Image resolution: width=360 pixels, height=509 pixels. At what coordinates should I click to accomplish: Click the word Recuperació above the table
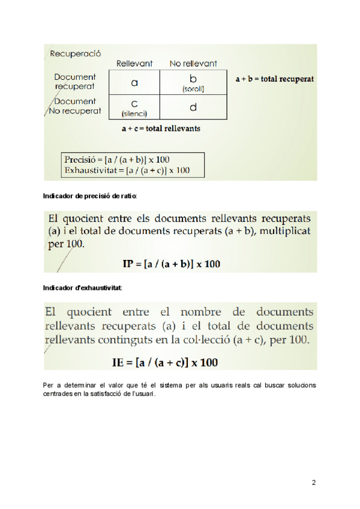pos(75,53)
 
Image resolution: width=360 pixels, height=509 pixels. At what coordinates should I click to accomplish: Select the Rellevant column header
pos(134,63)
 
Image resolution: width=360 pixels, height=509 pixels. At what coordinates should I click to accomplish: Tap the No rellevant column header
pos(193,63)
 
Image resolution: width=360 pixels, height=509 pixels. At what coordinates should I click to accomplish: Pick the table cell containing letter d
pos(193,107)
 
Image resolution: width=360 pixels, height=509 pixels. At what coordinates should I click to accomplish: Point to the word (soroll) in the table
pos(193,89)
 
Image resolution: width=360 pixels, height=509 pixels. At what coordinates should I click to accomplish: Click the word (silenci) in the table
pos(134,113)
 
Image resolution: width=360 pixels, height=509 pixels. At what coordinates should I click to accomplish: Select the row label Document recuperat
pos(74,82)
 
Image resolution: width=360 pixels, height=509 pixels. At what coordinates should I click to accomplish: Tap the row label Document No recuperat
pos(74,106)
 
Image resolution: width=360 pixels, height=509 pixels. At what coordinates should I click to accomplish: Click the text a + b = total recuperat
pos(274,79)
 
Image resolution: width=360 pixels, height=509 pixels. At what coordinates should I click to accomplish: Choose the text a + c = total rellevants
pos(160,128)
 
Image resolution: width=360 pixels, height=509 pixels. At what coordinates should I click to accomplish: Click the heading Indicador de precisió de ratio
pos(90,196)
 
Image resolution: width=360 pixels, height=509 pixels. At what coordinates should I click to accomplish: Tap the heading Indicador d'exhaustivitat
pos(83,288)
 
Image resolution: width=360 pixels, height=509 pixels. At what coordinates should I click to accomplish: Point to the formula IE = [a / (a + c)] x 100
pos(165,362)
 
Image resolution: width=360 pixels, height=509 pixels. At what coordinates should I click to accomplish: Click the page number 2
pos(314,482)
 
